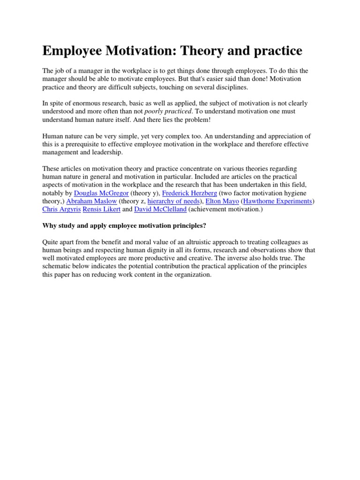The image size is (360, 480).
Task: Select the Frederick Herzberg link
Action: [189, 193]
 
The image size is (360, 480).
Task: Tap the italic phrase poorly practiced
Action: [168, 111]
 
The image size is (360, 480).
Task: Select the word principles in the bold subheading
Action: [189, 225]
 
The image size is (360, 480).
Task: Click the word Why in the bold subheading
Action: [49, 225]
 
